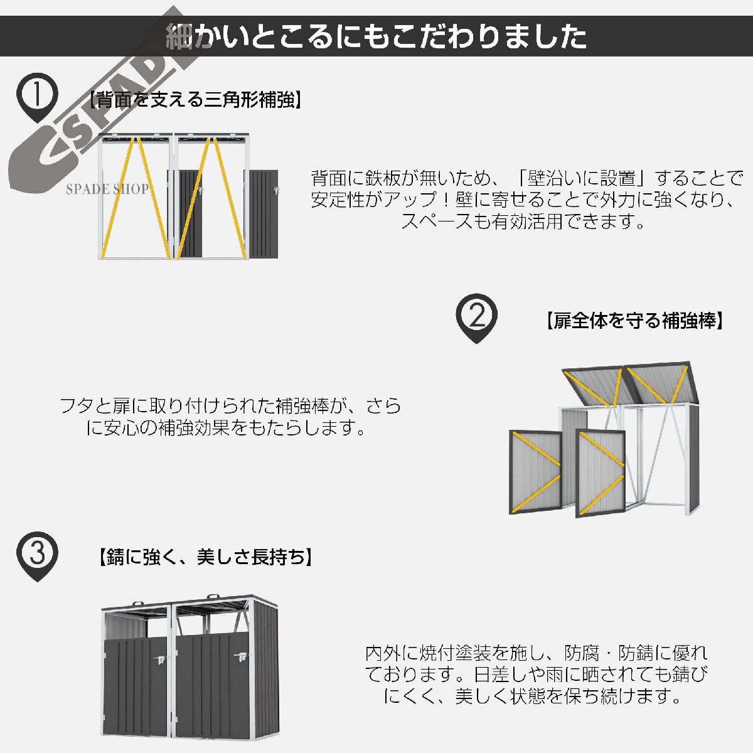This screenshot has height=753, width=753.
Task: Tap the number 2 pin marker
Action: click(x=476, y=316)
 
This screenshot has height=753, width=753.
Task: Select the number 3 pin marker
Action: click(x=37, y=554)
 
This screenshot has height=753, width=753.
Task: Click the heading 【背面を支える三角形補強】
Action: click(x=195, y=100)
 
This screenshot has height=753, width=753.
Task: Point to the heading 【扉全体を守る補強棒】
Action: click(x=634, y=321)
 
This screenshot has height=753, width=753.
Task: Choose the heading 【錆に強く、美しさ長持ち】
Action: click(x=205, y=557)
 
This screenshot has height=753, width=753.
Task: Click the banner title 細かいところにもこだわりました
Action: click(x=376, y=36)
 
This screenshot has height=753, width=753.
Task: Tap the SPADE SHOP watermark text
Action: click(x=107, y=189)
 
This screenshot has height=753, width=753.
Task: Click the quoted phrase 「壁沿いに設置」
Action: click(x=583, y=178)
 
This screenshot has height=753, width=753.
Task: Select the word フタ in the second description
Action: click(x=75, y=406)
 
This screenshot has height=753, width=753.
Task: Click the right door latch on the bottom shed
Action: click(x=240, y=657)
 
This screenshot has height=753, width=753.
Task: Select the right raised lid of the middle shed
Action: click(x=661, y=384)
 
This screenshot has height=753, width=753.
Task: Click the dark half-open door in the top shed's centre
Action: click(x=190, y=215)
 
